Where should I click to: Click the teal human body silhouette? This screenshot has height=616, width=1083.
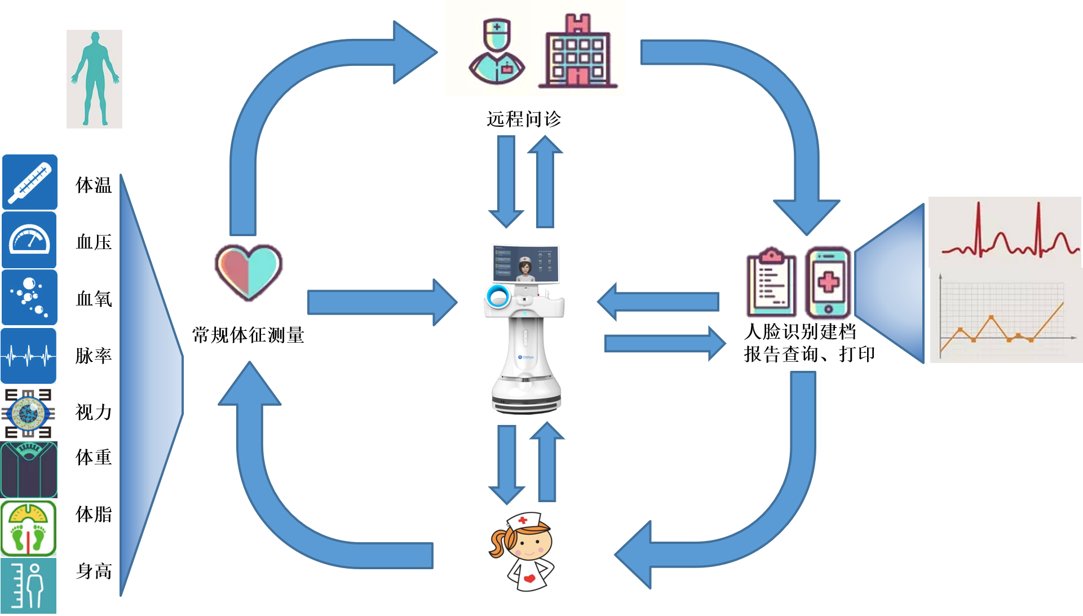[x=95, y=79]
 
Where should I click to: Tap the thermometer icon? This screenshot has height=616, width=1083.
[x=30, y=182]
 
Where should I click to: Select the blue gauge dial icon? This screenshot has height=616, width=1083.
[x=29, y=240]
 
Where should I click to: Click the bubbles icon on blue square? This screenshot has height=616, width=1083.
[x=29, y=297]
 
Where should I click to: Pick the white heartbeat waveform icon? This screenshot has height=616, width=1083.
[x=29, y=356]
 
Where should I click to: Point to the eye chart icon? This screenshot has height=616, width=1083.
[x=28, y=413]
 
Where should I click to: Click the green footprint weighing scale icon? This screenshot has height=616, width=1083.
[x=29, y=529]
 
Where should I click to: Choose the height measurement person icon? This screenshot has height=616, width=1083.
[x=29, y=586]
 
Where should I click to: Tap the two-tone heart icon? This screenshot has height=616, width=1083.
[x=249, y=272]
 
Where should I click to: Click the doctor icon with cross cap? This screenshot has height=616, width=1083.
[x=497, y=52]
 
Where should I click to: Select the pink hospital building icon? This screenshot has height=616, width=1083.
[x=578, y=52]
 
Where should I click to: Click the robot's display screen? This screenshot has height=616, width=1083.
[x=525, y=264]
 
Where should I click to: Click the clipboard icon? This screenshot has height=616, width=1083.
[x=771, y=282]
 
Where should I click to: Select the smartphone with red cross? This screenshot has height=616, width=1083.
[x=828, y=282]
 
